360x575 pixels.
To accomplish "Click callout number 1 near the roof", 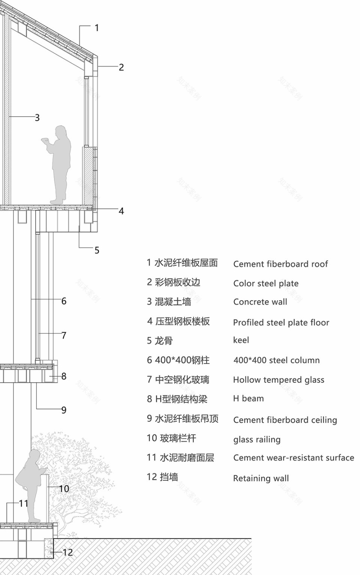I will click(x=97, y=28).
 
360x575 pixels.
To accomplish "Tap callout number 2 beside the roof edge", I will click(x=121, y=67).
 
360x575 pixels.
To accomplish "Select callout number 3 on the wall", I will click(x=37, y=118).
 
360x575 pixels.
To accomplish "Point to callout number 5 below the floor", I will click(x=97, y=250).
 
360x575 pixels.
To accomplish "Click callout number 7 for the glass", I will click(x=64, y=335).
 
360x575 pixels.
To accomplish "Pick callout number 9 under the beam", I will click(x=64, y=410).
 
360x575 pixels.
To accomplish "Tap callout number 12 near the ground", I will click(x=67, y=553).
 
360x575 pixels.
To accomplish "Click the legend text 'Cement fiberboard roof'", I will click(x=280, y=264).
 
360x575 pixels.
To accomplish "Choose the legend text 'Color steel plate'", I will click(x=266, y=283).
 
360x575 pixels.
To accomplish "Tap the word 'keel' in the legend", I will click(x=241, y=340).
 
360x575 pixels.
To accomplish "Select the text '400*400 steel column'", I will click(x=276, y=360).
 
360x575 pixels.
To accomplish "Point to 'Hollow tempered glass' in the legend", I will click(x=279, y=380).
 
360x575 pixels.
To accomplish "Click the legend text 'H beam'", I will click(x=248, y=399).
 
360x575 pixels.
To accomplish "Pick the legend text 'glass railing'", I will click(x=257, y=440).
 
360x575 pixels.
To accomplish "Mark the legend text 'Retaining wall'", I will click(x=261, y=478).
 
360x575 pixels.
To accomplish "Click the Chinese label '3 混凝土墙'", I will click(x=169, y=302).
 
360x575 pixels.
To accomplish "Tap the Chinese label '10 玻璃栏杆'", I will click(x=171, y=438).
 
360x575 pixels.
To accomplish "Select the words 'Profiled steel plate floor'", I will click(x=281, y=323).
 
